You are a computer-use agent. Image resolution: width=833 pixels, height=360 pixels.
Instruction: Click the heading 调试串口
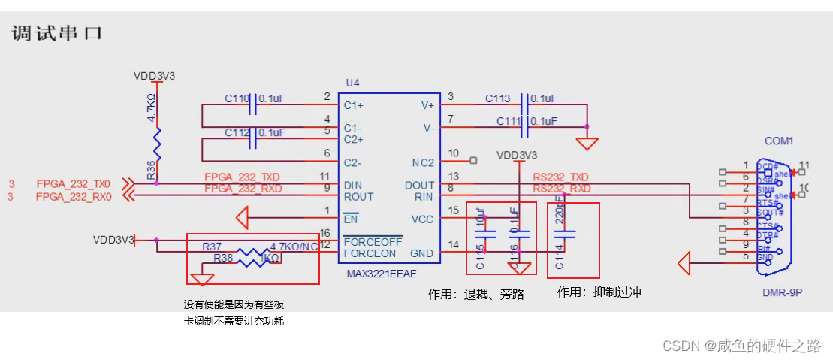pos(56,34)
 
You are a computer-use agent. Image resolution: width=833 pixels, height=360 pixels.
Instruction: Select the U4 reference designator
pos(352,82)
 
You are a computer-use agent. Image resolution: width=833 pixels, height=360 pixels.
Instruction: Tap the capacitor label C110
pos(237,98)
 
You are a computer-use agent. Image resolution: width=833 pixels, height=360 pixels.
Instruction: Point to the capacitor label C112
pos(237,133)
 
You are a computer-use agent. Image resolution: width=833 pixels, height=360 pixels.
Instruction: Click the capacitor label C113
pos(497,98)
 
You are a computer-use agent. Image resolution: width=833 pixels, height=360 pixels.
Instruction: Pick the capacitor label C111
pos(509,121)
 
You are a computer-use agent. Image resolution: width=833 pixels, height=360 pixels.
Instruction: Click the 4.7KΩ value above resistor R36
pos(151,108)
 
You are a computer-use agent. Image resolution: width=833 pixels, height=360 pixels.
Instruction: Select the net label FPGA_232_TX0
pos(73,183)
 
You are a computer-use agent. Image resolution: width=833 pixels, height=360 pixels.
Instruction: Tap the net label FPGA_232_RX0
pos(74,197)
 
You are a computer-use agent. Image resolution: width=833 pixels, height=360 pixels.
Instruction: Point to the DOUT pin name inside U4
pos(420,185)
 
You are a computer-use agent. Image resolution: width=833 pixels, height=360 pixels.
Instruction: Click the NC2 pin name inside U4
pos(422,162)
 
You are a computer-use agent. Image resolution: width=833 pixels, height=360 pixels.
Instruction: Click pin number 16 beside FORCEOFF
pos(324,233)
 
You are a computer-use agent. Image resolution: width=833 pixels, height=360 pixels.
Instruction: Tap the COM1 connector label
pos(779,141)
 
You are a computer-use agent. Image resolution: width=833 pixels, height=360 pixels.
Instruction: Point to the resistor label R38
pos(223,258)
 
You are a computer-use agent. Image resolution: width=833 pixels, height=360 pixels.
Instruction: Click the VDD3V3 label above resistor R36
pos(155,76)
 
